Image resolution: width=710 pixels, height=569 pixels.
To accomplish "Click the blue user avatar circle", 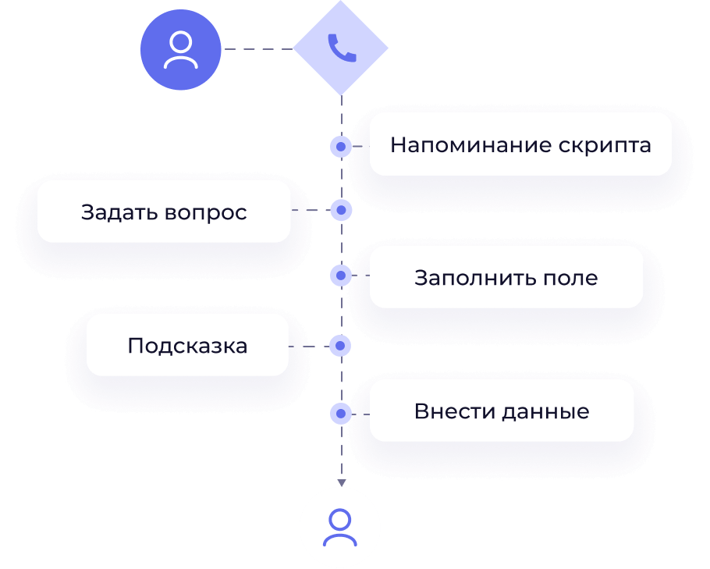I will (x=180, y=50).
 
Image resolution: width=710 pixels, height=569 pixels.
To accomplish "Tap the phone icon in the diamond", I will (x=341, y=48).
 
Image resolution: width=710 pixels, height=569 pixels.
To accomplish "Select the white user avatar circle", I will (x=339, y=528).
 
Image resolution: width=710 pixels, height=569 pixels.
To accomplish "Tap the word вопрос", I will (x=206, y=212).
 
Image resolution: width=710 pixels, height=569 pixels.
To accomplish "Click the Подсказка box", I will (x=187, y=346).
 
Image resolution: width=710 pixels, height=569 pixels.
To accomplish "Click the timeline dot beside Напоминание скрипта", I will (x=341, y=146).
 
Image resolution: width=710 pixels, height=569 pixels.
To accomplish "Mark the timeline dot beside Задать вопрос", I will (x=341, y=211).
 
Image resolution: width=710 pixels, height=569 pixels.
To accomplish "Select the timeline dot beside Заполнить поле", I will (x=341, y=276).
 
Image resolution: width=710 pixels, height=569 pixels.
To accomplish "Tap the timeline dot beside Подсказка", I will (x=341, y=346).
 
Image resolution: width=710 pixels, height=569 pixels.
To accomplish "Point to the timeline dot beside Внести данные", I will (x=341, y=413).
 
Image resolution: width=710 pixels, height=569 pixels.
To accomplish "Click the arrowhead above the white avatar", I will (x=341, y=482).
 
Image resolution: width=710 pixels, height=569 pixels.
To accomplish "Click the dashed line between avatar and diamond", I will (x=257, y=49).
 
